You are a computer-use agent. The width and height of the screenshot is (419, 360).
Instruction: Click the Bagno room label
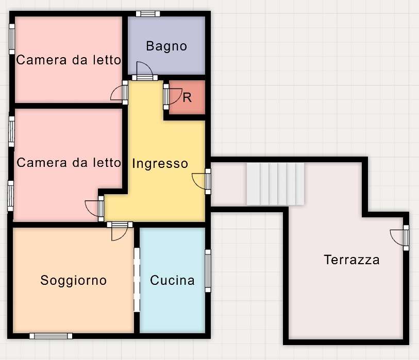point(166,46)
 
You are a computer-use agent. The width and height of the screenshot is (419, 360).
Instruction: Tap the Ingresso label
point(160,163)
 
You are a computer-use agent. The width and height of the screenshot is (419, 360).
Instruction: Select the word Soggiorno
point(74,280)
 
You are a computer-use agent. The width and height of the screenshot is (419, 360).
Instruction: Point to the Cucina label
point(172,280)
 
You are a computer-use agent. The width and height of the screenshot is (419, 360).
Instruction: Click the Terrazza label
point(351,260)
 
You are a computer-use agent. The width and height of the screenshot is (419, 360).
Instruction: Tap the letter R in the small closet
point(187,98)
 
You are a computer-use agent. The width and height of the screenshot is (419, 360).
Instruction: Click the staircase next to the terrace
point(275,184)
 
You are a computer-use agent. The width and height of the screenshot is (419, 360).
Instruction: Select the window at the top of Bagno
point(148,14)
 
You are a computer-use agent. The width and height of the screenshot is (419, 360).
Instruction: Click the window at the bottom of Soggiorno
point(51,336)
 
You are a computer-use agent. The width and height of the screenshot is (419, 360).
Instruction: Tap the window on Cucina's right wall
point(208,271)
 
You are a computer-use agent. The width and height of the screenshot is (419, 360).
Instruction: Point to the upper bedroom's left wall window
point(12,39)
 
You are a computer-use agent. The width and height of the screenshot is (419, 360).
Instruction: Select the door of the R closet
point(173,97)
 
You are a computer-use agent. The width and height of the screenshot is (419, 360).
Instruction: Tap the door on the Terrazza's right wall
point(400,238)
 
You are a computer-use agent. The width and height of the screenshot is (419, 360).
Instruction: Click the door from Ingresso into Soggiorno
point(120,231)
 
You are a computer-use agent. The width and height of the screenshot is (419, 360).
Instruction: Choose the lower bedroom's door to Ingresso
point(95,209)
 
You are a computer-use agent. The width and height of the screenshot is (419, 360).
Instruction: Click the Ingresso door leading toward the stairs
point(202,181)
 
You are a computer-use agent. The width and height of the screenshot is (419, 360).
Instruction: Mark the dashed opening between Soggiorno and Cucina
point(137,280)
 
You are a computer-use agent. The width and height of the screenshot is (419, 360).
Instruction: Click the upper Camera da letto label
point(69,60)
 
